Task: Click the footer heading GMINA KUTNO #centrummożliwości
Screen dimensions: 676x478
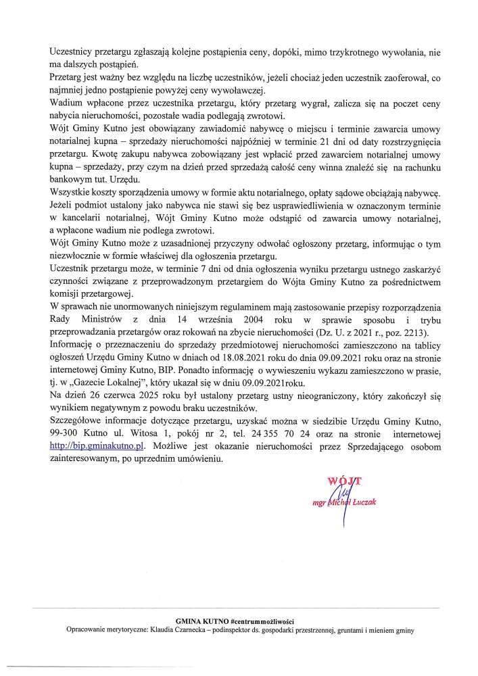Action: pyautogui.click(x=239, y=621)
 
